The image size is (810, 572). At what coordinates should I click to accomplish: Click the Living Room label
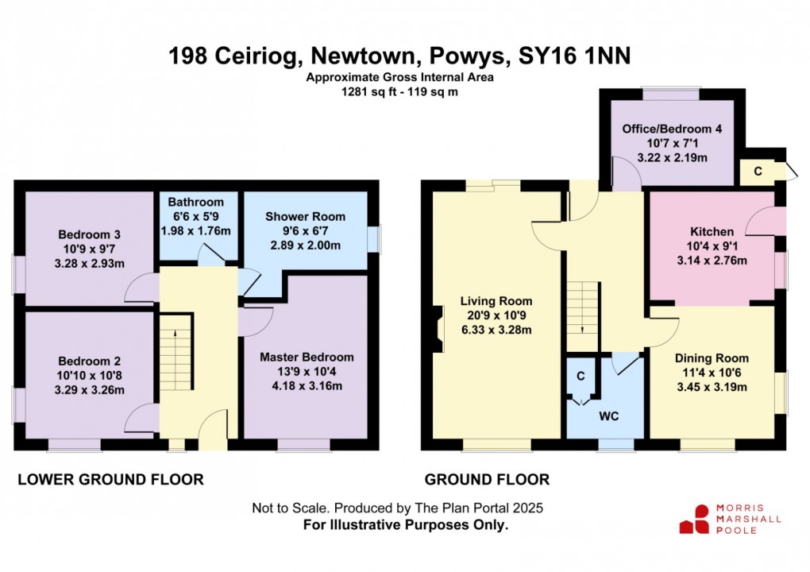coord(496,301)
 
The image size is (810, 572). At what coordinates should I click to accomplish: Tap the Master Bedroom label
coord(307,357)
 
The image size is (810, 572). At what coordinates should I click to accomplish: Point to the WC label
coord(609,416)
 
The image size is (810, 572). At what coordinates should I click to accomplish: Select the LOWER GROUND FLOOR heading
coord(110,479)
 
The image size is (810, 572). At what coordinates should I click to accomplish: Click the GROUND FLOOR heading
coord(487,479)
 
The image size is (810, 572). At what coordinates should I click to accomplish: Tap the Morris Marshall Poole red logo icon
coord(693,519)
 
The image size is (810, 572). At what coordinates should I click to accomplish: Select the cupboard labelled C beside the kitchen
coord(758,170)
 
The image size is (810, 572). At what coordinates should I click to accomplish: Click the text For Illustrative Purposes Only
coord(405,525)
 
